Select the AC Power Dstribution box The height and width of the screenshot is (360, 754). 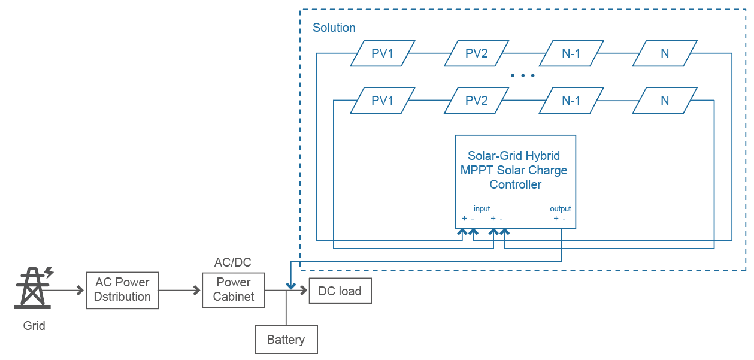[122, 290]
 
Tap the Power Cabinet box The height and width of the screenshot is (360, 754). [234, 290]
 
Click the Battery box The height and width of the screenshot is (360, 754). [286, 340]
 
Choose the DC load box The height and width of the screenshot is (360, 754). [340, 291]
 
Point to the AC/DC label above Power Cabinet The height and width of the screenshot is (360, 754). [232, 263]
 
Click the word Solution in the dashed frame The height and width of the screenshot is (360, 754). [334, 28]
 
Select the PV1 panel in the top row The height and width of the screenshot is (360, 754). [383, 53]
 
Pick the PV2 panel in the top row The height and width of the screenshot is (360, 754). [477, 53]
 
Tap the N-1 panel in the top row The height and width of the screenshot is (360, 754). [571, 53]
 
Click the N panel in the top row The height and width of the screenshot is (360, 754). [665, 53]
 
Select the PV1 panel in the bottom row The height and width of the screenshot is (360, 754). [383, 101]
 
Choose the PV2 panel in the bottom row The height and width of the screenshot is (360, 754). [477, 101]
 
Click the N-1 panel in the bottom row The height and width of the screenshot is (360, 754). [571, 101]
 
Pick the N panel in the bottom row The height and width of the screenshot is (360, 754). [665, 101]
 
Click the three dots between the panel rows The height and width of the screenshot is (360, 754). [523, 76]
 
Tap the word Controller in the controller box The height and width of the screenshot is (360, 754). [515, 184]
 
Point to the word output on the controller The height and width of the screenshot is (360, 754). [560, 209]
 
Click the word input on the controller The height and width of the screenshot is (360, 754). [482, 209]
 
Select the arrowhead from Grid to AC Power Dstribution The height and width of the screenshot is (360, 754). [80, 291]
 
